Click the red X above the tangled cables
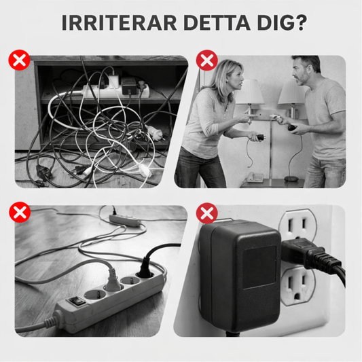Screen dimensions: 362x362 20,61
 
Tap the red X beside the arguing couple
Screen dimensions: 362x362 206,61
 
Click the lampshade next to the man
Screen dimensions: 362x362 292,94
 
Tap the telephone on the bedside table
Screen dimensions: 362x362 254,177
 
